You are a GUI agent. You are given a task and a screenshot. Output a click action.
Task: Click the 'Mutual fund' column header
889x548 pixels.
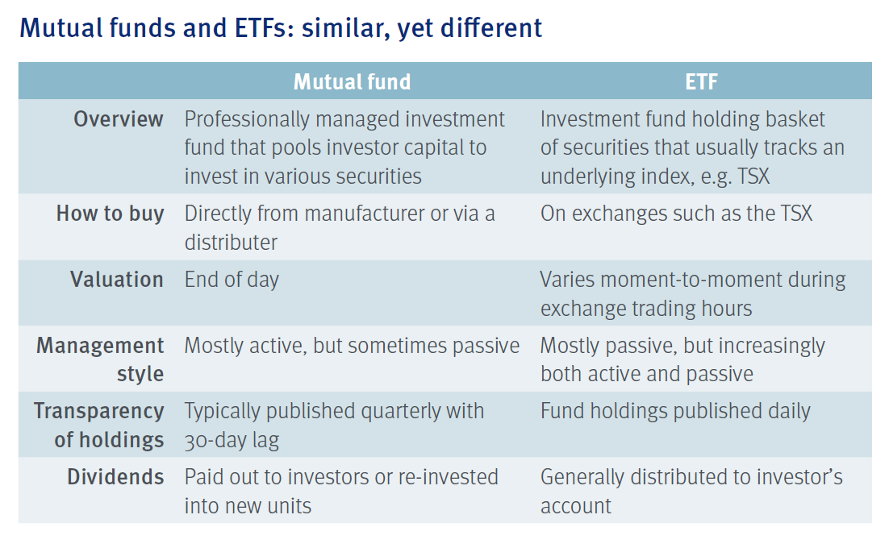(x=352, y=82)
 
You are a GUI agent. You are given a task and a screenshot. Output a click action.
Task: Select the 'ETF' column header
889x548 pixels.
(x=701, y=82)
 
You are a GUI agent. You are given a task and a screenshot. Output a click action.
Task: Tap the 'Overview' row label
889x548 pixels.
(x=119, y=119)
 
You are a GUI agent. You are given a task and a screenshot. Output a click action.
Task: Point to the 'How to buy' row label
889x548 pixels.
(x=110, y=214)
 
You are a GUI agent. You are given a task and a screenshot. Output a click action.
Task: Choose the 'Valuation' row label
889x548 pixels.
(x=117, y=280)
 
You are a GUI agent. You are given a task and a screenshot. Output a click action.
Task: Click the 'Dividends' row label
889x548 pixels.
(x=115, y=477)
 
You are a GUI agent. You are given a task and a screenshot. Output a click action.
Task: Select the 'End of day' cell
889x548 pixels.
(x=232, y=280)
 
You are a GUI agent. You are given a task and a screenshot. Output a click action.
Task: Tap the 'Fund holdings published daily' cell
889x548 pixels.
(x=675, y=412)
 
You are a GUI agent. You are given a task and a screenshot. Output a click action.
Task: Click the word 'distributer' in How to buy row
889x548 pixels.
(x=232, y=243)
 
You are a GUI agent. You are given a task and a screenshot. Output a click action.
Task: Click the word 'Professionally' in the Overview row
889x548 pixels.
(x=247, y=120)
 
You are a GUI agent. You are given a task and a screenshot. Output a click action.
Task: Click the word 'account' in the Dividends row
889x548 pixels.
(x=576, y=506)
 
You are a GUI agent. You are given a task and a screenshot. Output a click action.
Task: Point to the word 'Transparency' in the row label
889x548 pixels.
(x=99, y=412)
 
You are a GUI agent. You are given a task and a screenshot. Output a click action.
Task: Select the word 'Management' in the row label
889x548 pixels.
(x=100, y=346)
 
